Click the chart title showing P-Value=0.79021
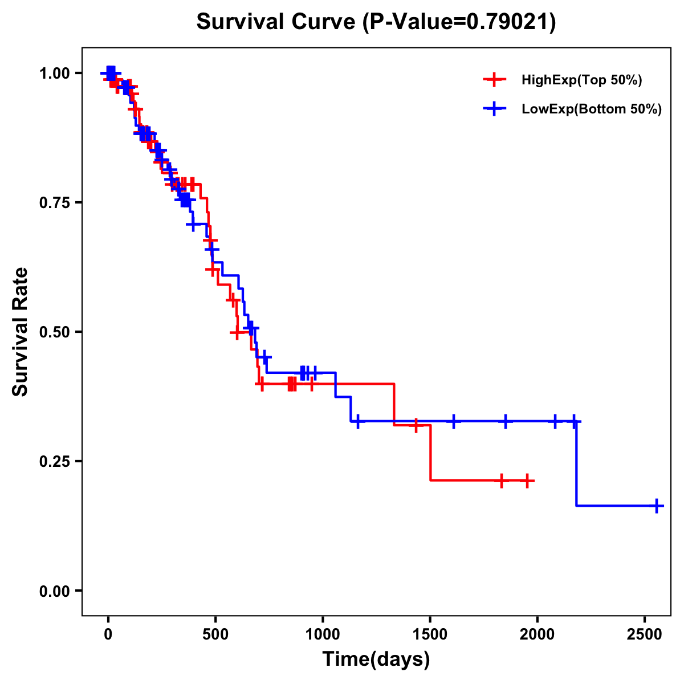(376, 22)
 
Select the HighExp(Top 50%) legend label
(581, 80)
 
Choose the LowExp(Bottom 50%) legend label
(592, 109)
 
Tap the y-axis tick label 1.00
(54, 73)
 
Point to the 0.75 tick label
(54, 202)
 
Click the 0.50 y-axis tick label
(54, 332)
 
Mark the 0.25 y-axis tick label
(54, 461)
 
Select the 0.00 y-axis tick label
(54, 591)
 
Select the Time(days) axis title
(376, 659)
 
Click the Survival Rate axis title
(21, 332)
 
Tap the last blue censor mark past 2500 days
(657, 506)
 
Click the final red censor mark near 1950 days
(528, 481)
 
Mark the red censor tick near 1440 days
(416, 425)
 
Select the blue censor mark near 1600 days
(454, 421)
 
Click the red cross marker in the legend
(495, 80)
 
